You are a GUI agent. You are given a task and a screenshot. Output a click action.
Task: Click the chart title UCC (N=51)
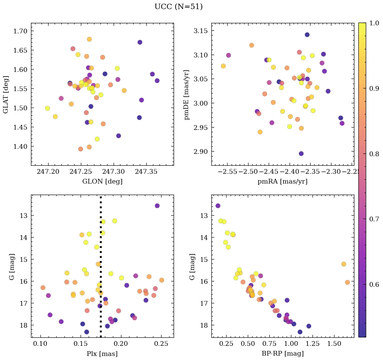(178, 7)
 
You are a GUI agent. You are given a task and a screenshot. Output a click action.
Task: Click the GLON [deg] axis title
(102, 182)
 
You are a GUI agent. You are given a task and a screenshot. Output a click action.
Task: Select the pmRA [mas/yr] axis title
(283, 182)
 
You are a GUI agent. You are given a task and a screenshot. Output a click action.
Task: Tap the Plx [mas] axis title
(102, 354)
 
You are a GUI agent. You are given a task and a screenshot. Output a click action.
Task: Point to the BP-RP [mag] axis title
(283, 354)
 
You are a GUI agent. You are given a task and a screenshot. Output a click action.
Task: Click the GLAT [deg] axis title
(6, 94)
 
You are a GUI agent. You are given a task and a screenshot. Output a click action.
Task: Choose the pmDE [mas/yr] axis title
(186, 94)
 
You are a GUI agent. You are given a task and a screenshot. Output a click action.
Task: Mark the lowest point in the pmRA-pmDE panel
(301, 154)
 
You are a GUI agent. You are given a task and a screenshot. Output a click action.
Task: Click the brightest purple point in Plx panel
(157, 206)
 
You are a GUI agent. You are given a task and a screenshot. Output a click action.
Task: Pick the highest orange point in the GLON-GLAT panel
(89, 39)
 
